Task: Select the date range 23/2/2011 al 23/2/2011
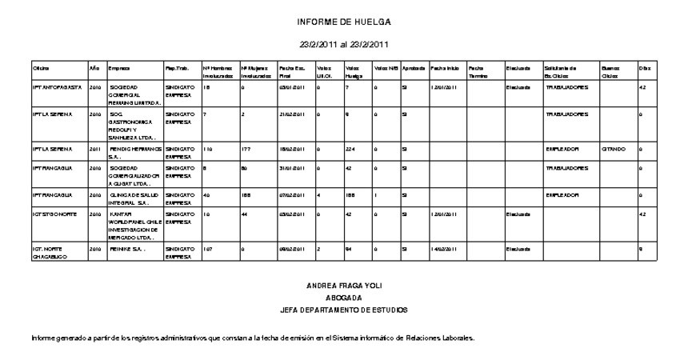tap(344, 44)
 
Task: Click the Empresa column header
tap(120, 69)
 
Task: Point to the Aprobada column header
tap(413, 69)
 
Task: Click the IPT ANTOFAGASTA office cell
tap(56, 87)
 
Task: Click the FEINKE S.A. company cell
tap(125, 249)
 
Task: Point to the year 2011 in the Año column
tap(94, 149)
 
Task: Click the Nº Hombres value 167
tap(209, 249)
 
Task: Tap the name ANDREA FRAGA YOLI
tap(344, 285)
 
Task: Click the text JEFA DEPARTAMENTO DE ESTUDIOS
tap(344, 309)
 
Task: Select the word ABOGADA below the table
tap(344, 297)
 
